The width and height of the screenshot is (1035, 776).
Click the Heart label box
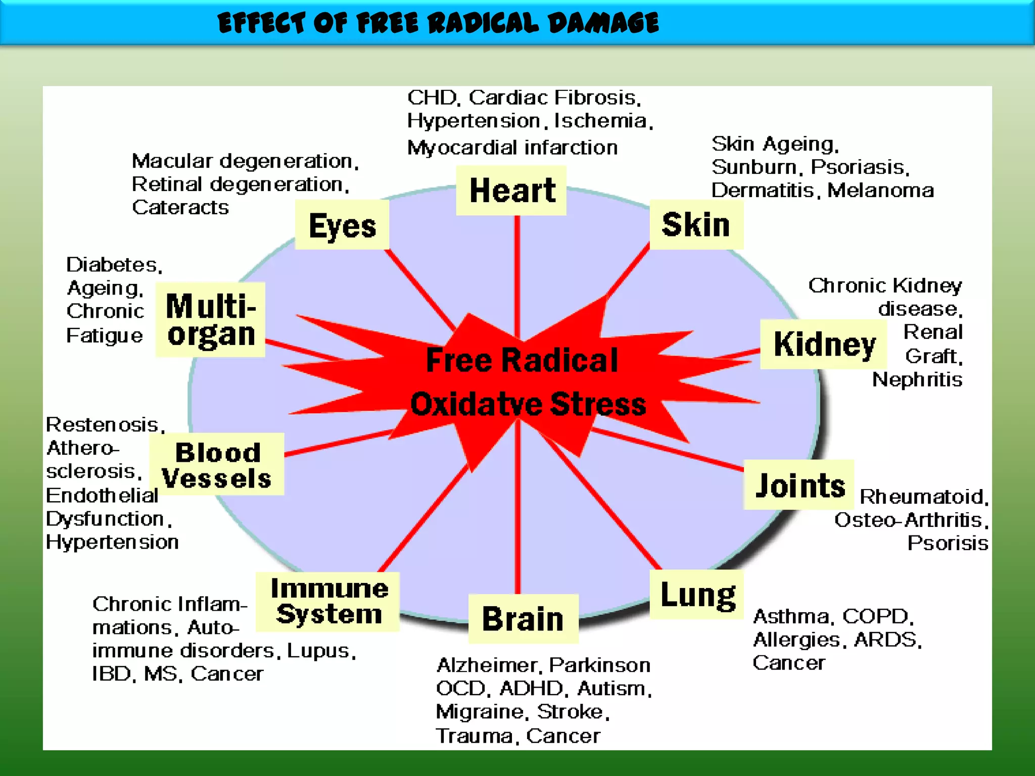511,190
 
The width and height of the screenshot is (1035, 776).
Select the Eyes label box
342,225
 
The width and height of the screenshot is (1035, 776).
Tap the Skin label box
696,225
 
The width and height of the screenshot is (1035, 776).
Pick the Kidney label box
824,345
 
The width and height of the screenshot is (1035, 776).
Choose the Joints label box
799,485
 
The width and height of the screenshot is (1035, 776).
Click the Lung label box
697,595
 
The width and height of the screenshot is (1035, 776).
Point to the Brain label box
523,619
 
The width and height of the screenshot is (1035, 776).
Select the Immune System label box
328,602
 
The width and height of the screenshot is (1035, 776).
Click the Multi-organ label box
210,320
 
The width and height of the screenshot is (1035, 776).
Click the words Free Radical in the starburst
522,360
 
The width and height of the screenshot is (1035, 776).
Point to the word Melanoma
880,190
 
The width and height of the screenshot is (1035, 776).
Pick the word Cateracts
180,208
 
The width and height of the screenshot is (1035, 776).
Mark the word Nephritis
917,379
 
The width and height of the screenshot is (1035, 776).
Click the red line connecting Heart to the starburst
517,273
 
